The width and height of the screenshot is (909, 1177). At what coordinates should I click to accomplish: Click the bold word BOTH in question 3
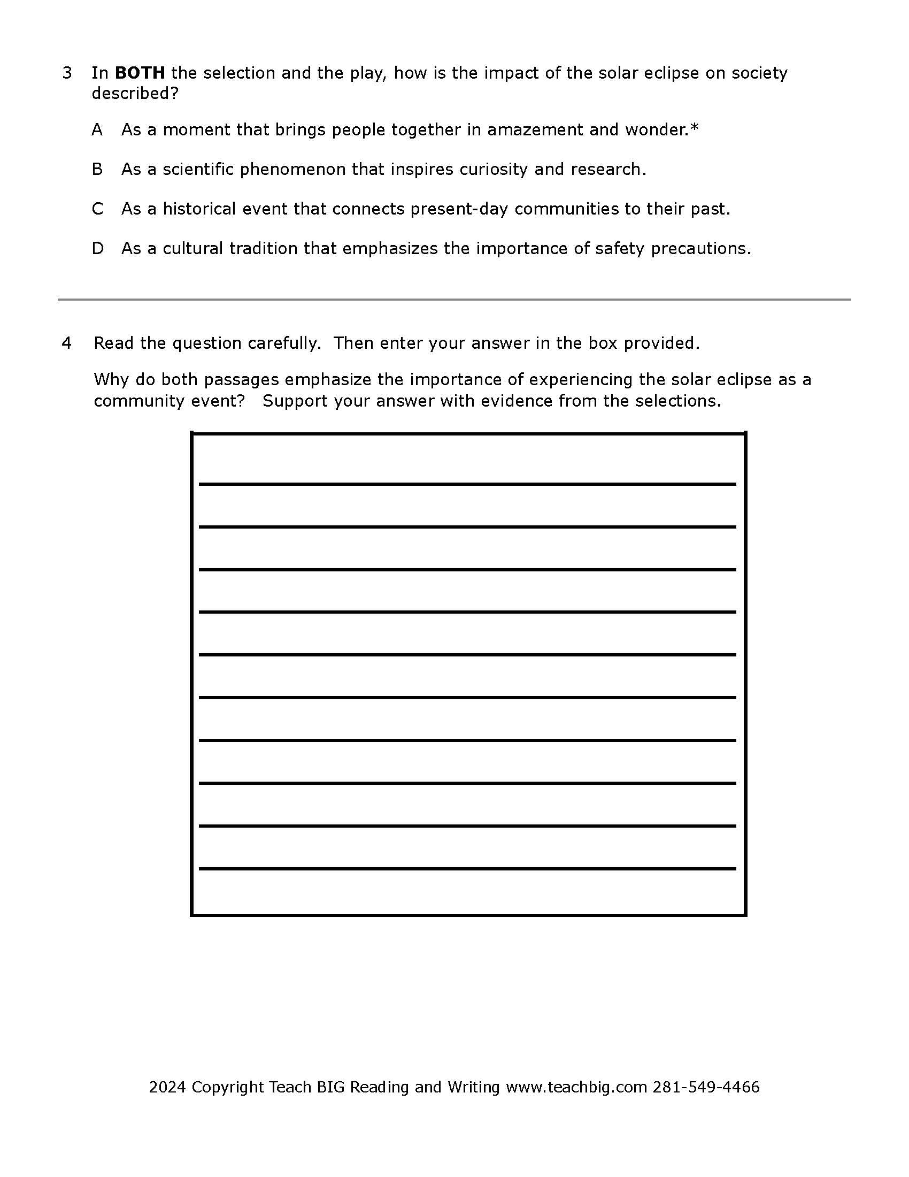point(140,73)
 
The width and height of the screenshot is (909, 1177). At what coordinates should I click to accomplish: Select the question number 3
point(67,73)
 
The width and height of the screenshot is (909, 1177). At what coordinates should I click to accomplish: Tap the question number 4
point(67,343)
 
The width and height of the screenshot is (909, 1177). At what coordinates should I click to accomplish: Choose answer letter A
point(97,130)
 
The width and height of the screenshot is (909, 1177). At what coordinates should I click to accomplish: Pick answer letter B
point(97,169)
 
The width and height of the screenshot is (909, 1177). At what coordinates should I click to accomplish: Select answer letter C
point(97,209)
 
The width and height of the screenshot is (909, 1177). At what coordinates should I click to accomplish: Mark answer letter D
point(97,248)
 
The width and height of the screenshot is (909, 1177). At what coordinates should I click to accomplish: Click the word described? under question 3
point(135,93)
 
